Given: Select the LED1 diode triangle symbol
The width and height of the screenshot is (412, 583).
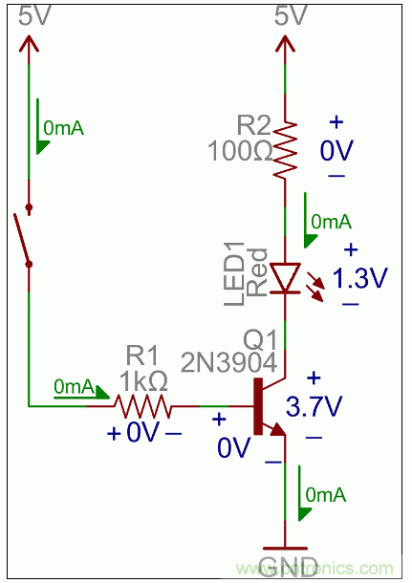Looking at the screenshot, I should [285, 278].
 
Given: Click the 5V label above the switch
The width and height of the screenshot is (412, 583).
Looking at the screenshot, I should [30, 16].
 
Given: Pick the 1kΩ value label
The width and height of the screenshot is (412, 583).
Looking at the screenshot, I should [143, 380].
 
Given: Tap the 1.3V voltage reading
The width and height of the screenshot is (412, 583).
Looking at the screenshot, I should [359, 278].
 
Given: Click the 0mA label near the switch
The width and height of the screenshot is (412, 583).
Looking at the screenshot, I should [62, 127].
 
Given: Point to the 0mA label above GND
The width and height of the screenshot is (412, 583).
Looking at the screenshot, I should [325, 495].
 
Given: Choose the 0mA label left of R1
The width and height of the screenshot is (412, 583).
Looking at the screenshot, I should [74, 387].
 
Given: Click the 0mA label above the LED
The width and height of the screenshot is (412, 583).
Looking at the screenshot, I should [330, 222].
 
